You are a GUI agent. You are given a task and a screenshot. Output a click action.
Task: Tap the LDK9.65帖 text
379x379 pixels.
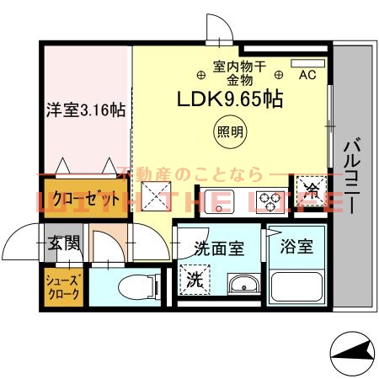pos(228,99)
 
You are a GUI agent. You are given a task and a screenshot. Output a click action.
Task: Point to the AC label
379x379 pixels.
pos(307,75)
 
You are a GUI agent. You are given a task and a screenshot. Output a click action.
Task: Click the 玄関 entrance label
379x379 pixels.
pos(63,244)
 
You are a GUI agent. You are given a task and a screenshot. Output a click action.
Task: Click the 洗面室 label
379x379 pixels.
pos(218,248)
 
